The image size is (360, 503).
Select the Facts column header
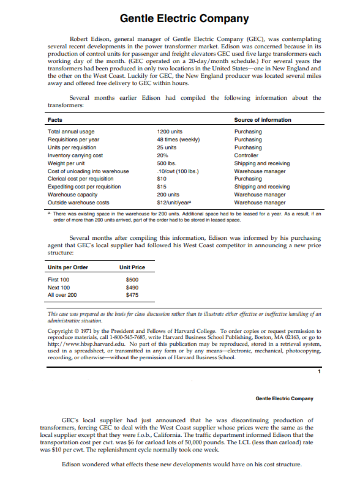(54, 120)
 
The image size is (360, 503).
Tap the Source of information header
(263, 120)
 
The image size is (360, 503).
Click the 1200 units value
(170, 132)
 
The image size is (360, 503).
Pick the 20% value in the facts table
(163, 155)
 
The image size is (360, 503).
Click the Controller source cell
(247, 155)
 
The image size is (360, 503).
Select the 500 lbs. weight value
(167, 163)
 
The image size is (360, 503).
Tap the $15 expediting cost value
(162, 187)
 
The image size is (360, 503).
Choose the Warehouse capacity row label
(72, 195)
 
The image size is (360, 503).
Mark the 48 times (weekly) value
(178, 140)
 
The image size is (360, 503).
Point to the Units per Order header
(68, 267)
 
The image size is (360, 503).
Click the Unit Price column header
(132, 267)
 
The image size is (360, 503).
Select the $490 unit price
(132, 287)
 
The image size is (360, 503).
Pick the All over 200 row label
(62, 295)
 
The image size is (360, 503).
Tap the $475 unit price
(132, 295)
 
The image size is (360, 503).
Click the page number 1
(319, 371)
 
